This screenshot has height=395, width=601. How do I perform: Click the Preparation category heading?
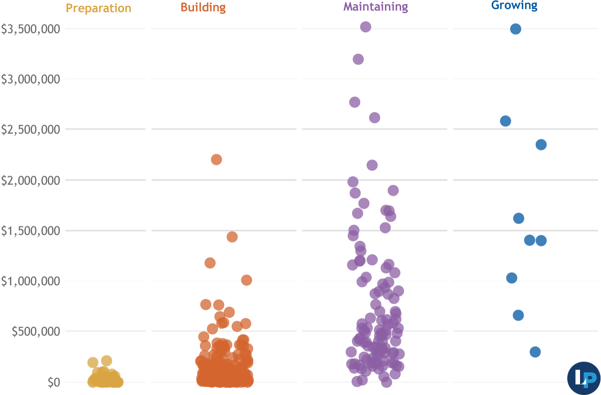tap(98, 9)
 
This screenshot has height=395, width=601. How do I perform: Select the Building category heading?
tap(203, 8)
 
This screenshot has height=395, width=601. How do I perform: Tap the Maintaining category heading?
tap(376, 7)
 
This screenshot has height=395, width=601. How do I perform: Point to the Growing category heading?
tap(514, 6)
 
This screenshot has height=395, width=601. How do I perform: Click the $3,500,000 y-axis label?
tap(30, 29)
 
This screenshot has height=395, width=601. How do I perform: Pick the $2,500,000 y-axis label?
tap(30, 130)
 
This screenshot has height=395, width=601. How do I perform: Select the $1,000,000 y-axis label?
tap(30, 281)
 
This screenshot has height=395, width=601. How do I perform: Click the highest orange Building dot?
tap(216, 159)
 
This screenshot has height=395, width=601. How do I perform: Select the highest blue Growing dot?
tap(516, 29)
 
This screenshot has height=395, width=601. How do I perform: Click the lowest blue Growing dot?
tap(535, 352)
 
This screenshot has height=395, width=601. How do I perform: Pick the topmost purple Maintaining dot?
tap(366, 27)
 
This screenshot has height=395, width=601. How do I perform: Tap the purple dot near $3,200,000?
tap(358, 59)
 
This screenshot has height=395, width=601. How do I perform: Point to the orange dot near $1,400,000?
tap(232, 237)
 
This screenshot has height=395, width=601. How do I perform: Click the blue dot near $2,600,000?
tap(506, 121)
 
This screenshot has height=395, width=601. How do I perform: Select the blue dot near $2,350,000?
tap(541, 144)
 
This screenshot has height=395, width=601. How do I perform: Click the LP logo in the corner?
tap(584, 378)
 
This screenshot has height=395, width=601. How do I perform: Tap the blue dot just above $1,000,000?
tap(512, 278)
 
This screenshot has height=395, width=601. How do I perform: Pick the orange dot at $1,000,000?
tap(247, 280)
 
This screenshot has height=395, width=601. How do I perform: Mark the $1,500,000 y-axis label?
tap(30, 231)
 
